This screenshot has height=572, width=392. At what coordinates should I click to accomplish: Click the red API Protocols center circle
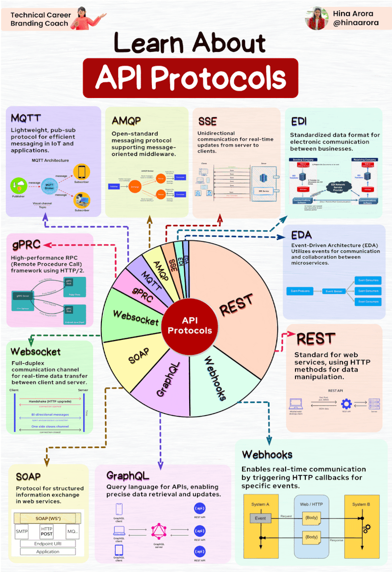pos(190,325)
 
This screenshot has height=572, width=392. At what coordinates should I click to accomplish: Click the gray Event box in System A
pos(260,518)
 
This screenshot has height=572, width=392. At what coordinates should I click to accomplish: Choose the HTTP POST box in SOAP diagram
pos(47,531)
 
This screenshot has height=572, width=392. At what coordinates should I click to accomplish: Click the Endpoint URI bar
pos(48,544)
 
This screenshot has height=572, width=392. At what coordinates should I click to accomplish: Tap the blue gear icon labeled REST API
pos(346,404)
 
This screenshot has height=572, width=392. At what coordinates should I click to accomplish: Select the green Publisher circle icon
pos(18,186)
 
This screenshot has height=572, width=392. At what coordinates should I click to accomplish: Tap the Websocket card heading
pos(35,351)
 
